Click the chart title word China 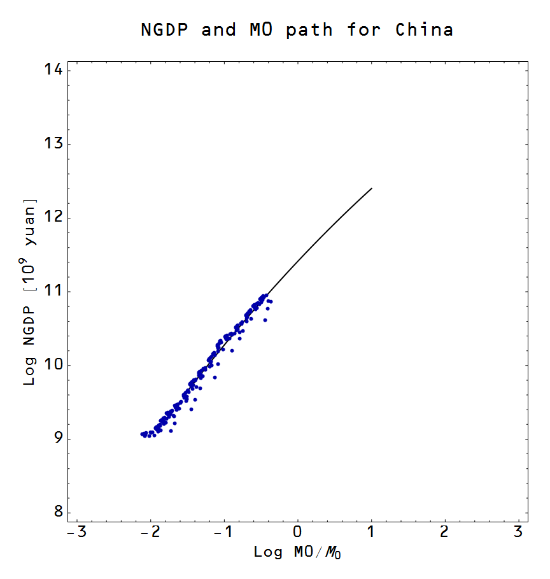click(424, 29)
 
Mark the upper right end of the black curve click(371, 188)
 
